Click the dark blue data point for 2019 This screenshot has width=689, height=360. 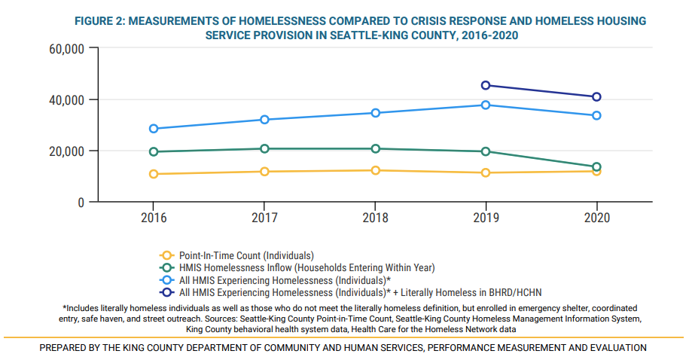coord(486,85)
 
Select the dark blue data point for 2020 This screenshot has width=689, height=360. coord(596,96)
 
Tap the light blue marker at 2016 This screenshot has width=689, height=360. coord(154,129)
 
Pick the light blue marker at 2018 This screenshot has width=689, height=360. coord(375,113)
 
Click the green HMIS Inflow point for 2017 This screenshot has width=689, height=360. coord(264,149)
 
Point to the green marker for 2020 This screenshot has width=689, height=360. coord(596,166)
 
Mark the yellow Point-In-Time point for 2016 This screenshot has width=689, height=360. coord(154,174)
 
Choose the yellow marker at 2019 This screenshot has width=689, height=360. coord(486,172)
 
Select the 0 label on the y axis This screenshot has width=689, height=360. coord(78,203)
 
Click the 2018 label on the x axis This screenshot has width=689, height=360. coord(375,217)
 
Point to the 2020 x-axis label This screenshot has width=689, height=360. coord(596,217)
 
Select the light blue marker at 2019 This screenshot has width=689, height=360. coord(486,105)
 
